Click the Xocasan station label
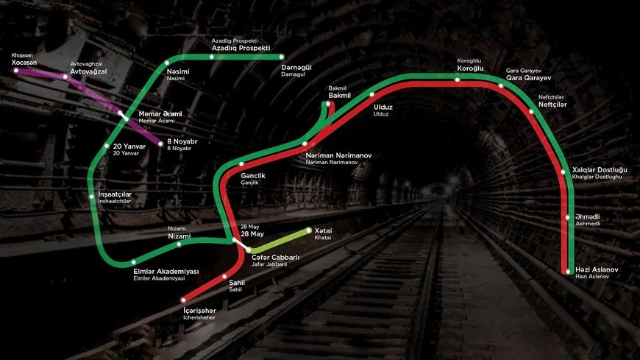pos(24,63)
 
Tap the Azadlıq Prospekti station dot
pos(212,57)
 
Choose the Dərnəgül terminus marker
pos(282,57)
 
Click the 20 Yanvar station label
pos(129,147)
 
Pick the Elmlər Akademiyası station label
pos(166,271)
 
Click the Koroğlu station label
pos(470,68)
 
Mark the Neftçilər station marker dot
pos(532,112)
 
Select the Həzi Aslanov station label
pos(597,270)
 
